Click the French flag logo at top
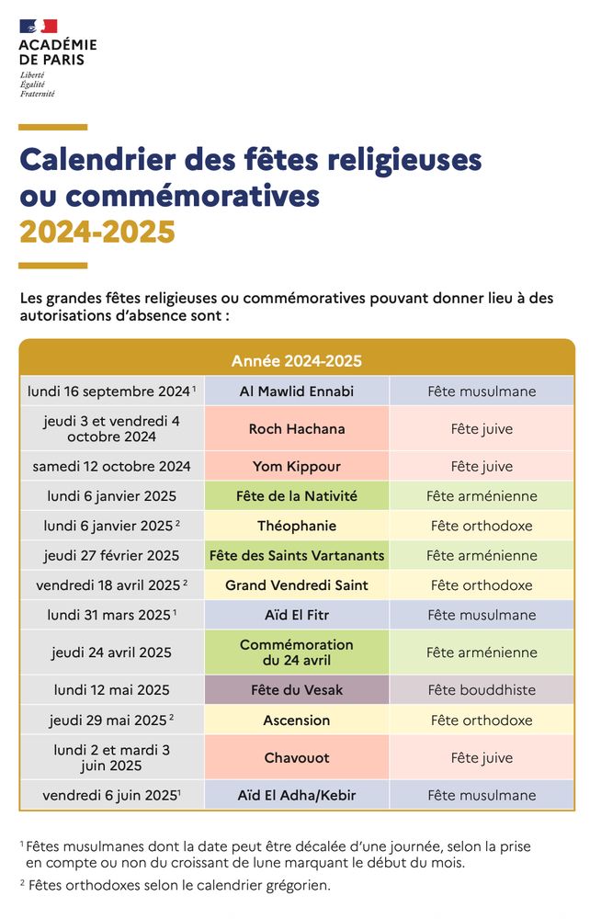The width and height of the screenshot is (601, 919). coord(38,27)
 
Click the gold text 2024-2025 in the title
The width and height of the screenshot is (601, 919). coord(97,233)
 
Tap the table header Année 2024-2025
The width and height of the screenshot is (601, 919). coord(297,360)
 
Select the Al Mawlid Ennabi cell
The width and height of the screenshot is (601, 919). coord(297,391)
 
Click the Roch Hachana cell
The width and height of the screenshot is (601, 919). coord(297,429)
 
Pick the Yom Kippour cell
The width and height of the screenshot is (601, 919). coord(297,466)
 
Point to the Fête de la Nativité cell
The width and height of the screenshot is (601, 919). coord(297,496)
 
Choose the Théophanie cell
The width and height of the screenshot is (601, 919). coord(297,526)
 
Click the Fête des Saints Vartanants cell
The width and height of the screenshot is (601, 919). coord(297,555)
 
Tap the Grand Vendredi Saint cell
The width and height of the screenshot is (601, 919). coord(297,585)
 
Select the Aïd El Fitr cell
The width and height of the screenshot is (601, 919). coord(297,615)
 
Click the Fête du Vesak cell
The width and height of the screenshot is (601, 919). coord(297,689)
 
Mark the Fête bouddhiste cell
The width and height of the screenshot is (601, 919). coord(482,689)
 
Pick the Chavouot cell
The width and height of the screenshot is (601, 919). coord(297,758)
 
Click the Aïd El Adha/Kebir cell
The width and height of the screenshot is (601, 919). coord(297,795)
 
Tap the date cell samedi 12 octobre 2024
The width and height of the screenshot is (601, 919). coord(112,466)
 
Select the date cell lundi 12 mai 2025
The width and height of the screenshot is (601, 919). coord(112,689)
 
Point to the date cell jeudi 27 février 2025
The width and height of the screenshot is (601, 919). coord(112,555)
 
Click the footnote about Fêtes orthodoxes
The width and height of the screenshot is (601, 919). coord(175,886)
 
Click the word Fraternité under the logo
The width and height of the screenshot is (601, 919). coord(38,94)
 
